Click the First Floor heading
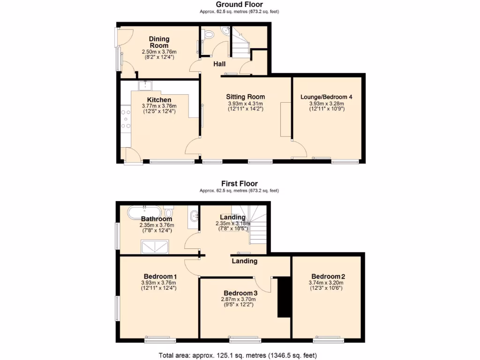(x=240, y=184)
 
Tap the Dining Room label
(x=159, y=42)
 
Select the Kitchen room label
(x=159, y=100)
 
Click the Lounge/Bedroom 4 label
(x=326, y=97)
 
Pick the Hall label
(x=219, y=64)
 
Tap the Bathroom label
(x=157, y=219)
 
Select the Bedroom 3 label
(x=240, y=293)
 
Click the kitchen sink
(x=147, y=85)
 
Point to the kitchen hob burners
(x=126, y=119)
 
